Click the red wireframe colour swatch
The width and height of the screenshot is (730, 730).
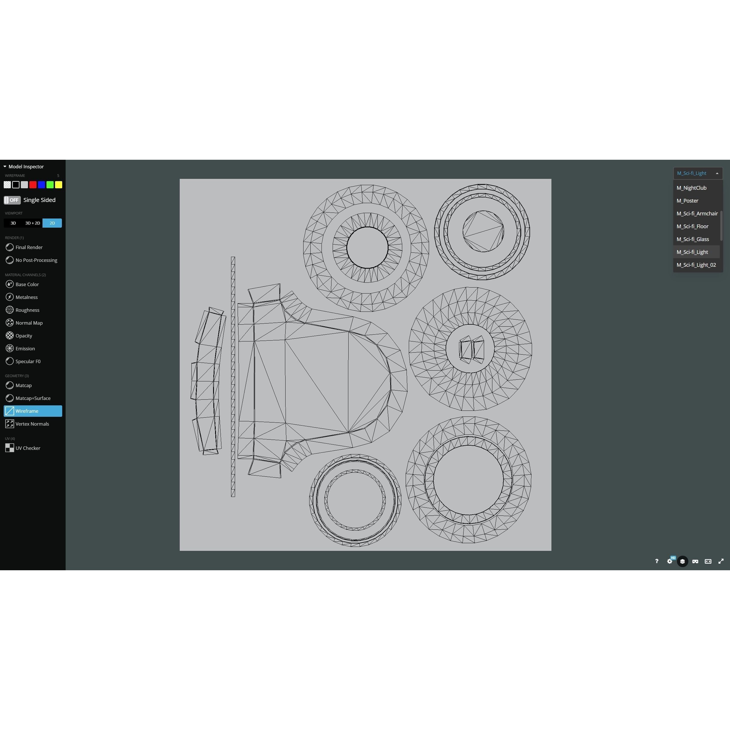[33, 185]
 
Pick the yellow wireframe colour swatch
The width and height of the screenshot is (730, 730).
[58, 185]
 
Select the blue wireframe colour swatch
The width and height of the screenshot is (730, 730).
[42, 185]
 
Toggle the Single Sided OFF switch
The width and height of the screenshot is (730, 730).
[12, 200]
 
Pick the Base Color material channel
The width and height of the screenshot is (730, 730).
[27, 284]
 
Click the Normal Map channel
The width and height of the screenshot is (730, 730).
[29, 323]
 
